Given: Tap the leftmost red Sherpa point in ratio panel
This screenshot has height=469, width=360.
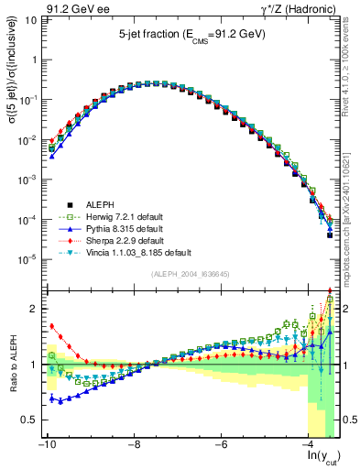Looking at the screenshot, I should click(x=52, y=325).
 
